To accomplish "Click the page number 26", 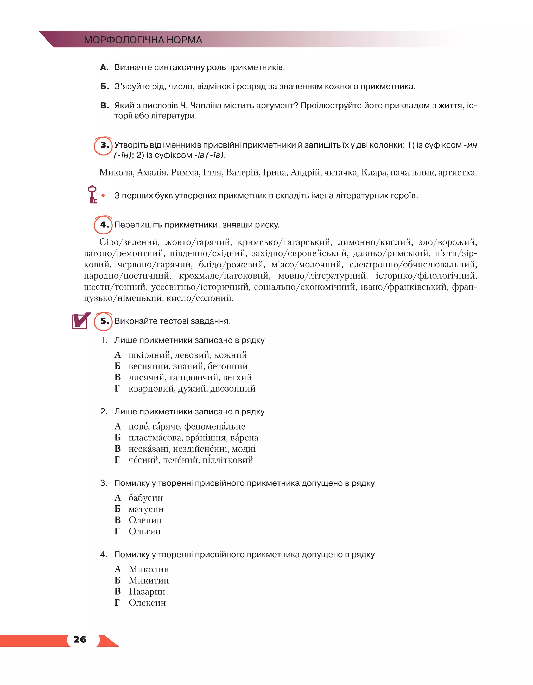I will coord(80,639).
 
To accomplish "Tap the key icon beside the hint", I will coord(92,194).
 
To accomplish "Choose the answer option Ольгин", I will coord(145,531).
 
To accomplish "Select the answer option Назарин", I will coord(147,592).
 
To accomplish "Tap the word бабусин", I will coord(145,498).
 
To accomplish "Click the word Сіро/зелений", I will coord(129,242).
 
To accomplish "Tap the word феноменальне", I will coord(215,427).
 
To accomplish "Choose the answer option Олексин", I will coord(147,603).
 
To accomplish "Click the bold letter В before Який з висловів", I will coord(104,106).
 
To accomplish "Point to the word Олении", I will coord(145,520).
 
